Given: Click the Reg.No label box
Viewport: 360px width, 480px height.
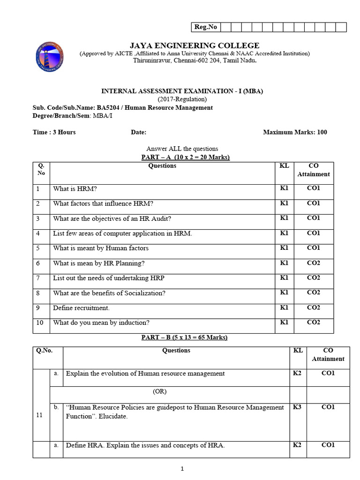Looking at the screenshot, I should click(x=205, y=27).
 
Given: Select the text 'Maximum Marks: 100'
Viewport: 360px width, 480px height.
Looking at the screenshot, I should click(x=295, y=132).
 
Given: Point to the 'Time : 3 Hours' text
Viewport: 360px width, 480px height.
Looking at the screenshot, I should click(x=54, y=132).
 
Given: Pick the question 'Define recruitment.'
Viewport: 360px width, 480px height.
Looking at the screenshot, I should click(x=81, y=308).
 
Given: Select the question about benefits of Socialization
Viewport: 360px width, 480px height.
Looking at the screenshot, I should click(x=109, y=293).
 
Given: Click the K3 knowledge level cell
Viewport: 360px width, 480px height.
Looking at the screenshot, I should click(x=297, y=407).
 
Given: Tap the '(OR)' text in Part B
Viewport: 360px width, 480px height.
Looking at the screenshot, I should click(x=159, y=391).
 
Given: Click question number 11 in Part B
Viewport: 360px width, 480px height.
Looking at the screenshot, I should click(x=40, y=415).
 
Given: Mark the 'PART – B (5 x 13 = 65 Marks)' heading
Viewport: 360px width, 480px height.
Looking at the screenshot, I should click(x=184, y=337).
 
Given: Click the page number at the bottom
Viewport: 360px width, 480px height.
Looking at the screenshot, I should click(x=182, y=468).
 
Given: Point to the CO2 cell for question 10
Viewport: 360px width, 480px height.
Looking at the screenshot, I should click(x=313, y=322).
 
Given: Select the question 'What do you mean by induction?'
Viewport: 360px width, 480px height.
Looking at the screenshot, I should click(x=101, y=322).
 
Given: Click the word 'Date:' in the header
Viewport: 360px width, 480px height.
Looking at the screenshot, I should click(x=138, y=132).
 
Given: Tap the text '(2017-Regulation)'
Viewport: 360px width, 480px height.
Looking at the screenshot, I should click(x=182, y=99).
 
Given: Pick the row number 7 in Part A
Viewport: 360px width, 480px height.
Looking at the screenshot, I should click(x=37, y=278).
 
